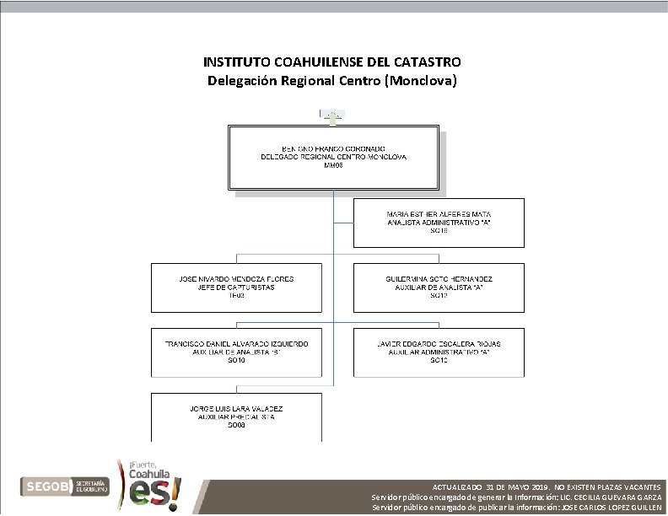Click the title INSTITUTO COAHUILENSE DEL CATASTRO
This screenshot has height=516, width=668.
(x=332, y=62)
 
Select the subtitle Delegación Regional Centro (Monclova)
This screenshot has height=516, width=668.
(x=332, y=81)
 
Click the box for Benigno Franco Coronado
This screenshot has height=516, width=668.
(x=333, y=158)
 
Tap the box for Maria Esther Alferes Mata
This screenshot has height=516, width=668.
(x=439, y=222)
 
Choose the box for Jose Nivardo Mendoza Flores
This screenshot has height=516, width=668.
(x=237, y=287)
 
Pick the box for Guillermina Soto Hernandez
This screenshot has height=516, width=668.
(x=439, y=287)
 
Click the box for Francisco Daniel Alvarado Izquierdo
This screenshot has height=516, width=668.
(x=237, y=352)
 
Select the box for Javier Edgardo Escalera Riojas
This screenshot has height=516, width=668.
(x=439, y=352)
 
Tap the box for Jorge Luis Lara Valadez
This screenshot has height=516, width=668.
(x=237, y=417)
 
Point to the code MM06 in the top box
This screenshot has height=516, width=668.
(x=335, y=166)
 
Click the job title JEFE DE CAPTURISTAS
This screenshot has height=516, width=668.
(x=237, y=287)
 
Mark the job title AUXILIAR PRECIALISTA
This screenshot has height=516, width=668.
(x=237, y=417)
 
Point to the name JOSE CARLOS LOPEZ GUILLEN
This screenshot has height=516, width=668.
(x=611, y=508)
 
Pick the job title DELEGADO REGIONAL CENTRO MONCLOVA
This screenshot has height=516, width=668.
(x=333, y=158)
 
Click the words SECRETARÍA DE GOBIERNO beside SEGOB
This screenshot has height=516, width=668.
(x=90, y=486)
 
